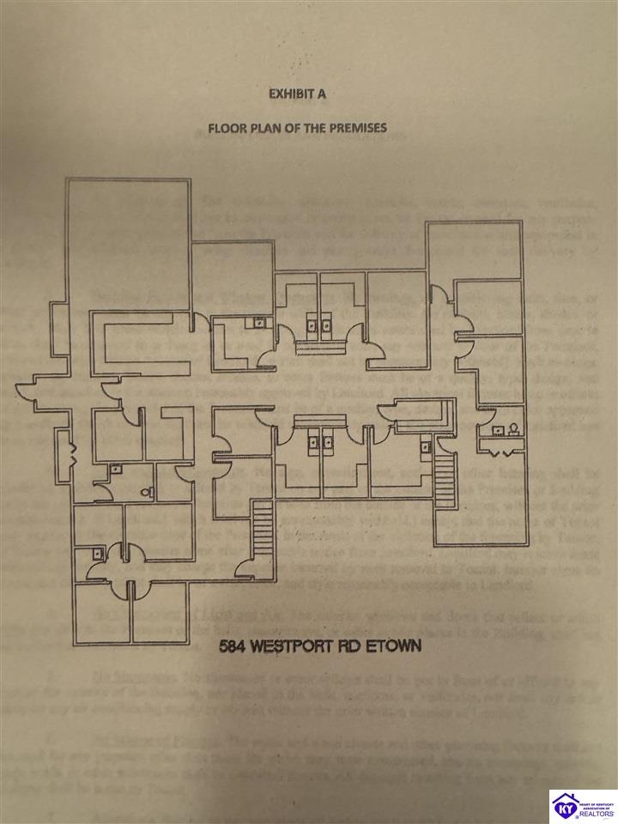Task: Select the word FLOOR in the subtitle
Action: (x=227, y=128)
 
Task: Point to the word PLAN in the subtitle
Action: (x=268, y=128)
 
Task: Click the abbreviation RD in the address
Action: (x=356, y=645)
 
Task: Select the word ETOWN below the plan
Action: (x=397, y=645)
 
